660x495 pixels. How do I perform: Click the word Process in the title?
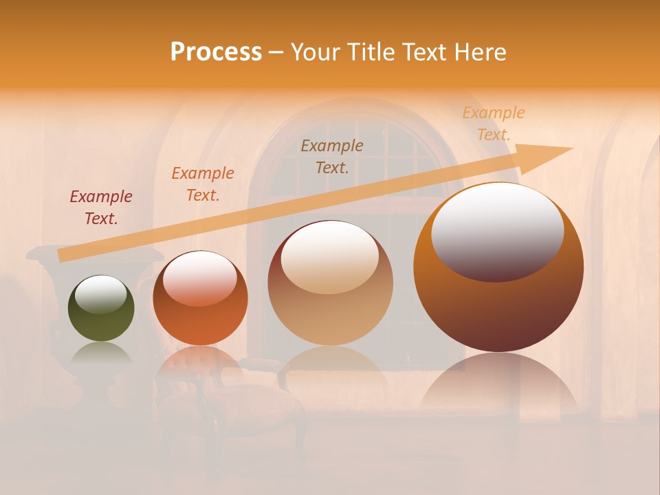[x=216, y=52]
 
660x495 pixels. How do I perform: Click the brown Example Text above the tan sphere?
[x=332, y=156]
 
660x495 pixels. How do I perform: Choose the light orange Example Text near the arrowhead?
[x=493, y=124]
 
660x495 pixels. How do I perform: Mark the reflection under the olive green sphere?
[x=101, y=353]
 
